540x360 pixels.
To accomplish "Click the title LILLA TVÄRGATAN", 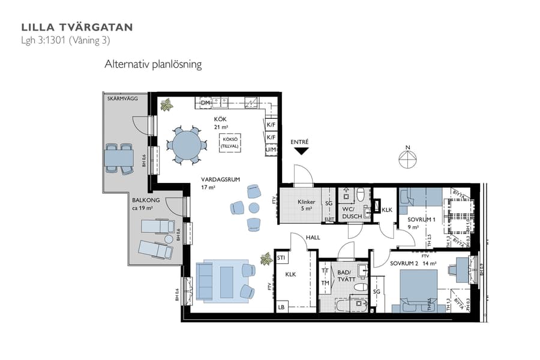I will click(77, 27).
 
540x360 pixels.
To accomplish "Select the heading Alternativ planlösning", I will click(152, 64).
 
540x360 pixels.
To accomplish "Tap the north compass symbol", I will click(408, 159).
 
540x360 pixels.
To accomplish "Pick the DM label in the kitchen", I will click(206, 104).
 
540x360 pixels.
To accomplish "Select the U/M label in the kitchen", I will click(271, 149).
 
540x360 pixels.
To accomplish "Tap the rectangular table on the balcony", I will click(118, 158).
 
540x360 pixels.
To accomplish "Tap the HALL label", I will click(313, 238).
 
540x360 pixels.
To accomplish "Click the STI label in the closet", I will click(281, 258).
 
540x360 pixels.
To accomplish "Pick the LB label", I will click(281, 307).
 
